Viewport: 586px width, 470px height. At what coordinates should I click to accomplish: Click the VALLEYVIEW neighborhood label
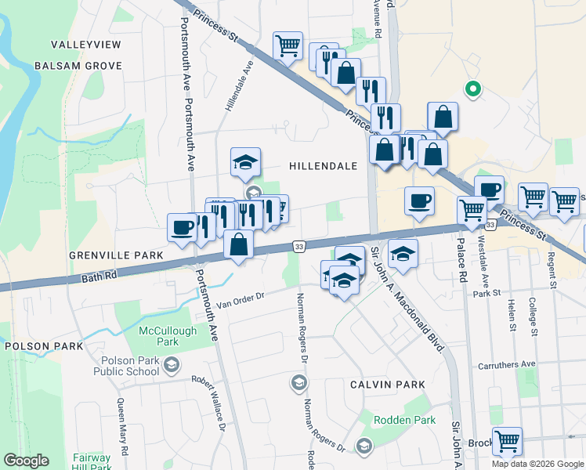(x=85, y=45)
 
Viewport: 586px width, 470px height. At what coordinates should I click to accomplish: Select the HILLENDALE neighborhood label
(x=323, y=166)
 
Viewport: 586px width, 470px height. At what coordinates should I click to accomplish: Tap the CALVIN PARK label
(x=387, y=385)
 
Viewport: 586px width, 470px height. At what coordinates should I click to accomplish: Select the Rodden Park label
(x=404, y=421)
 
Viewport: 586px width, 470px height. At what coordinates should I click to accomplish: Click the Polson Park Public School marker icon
(x=172, y=363)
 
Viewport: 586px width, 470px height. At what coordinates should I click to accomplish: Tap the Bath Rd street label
(x=99, y=276)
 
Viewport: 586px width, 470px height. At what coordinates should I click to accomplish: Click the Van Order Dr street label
(x=242, y=298)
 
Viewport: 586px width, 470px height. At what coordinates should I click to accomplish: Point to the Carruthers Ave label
(x=507, y=364)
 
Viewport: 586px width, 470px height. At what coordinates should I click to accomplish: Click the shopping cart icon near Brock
(x=507, y=440)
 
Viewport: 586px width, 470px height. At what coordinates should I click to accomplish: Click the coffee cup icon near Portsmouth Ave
(x=182, y=227)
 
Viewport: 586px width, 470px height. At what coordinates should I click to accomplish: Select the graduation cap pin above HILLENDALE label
(x=245, y=162)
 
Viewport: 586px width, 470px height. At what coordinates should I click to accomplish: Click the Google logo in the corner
(x=26, y=461)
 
